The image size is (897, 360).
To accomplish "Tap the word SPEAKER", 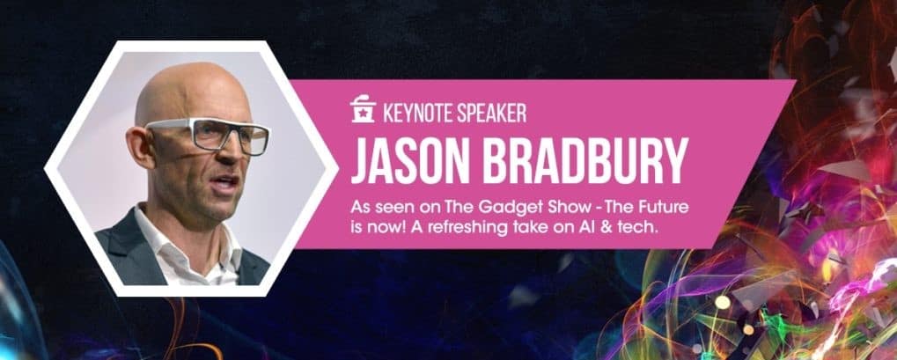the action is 491,113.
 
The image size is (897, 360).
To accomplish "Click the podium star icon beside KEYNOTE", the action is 364,110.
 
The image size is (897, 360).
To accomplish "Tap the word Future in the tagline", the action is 663,206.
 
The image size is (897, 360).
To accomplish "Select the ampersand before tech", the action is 595,226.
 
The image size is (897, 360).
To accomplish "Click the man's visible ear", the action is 138,148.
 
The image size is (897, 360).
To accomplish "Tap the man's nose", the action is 233,148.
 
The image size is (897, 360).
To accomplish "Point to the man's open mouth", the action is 224,184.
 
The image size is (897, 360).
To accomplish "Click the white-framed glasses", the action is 207,135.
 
